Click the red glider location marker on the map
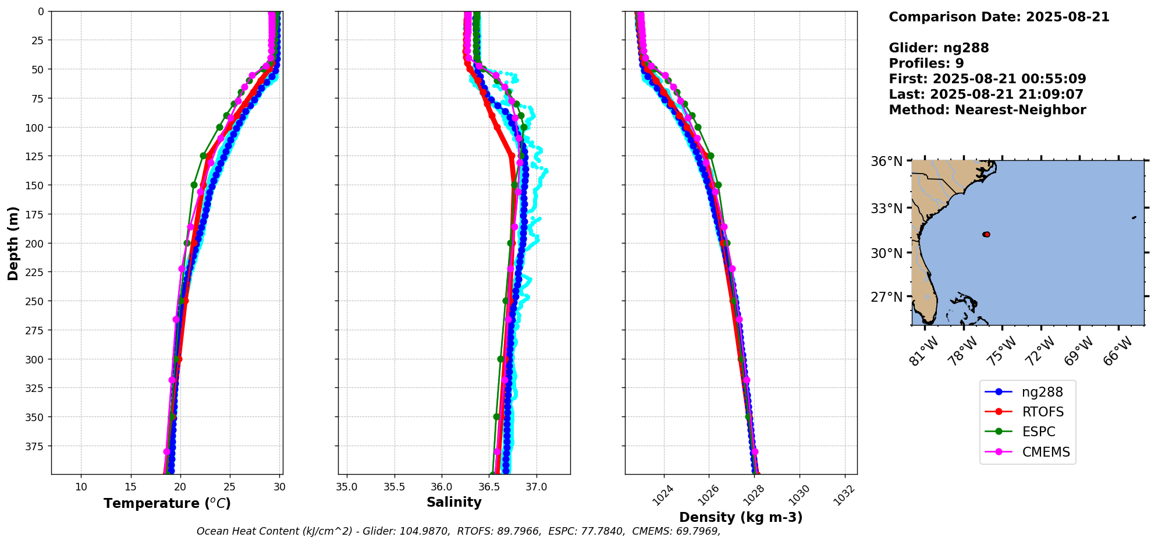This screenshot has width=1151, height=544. coord(986,234)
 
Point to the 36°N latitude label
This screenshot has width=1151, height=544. coord(886,161)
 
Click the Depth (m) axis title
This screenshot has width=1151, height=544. coord(13,243)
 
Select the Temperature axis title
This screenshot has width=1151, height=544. coord(167,503)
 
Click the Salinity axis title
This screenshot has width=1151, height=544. coord(454,502)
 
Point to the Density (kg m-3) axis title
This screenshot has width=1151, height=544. coord(741,517)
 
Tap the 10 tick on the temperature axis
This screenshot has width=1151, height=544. coord(81,486)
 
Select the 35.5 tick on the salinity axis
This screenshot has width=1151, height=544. coord(395,486)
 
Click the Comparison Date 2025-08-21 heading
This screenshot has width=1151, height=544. coord(999,17)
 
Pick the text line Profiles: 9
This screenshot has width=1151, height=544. coord(926,63)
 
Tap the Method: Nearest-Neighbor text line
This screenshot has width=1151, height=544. coord(987,110)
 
